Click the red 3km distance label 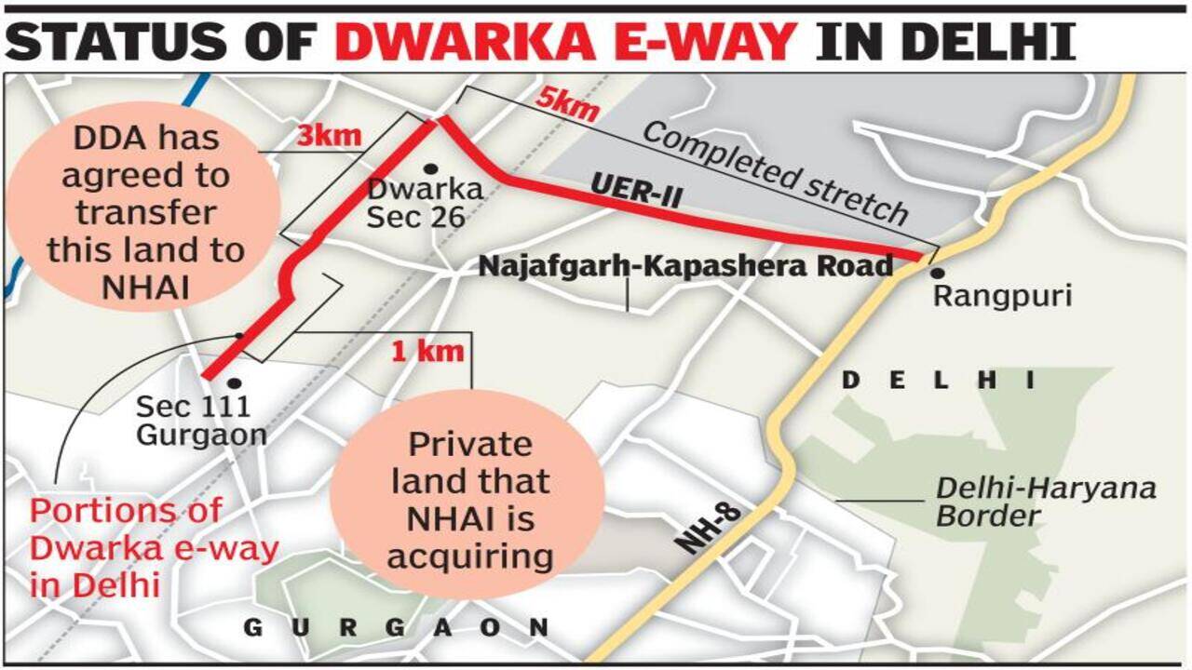click(329, 136)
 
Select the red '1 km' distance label click(427, 352)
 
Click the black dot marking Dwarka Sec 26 click(430, 168)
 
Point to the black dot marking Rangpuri click(937, 273)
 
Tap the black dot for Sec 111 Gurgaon click(234, 382)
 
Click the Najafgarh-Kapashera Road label click(685, 266)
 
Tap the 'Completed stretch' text click(775, 173)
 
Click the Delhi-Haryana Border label click(1045, 501)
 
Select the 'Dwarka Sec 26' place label click(425, 203)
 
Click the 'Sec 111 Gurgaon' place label click(200, 420)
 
